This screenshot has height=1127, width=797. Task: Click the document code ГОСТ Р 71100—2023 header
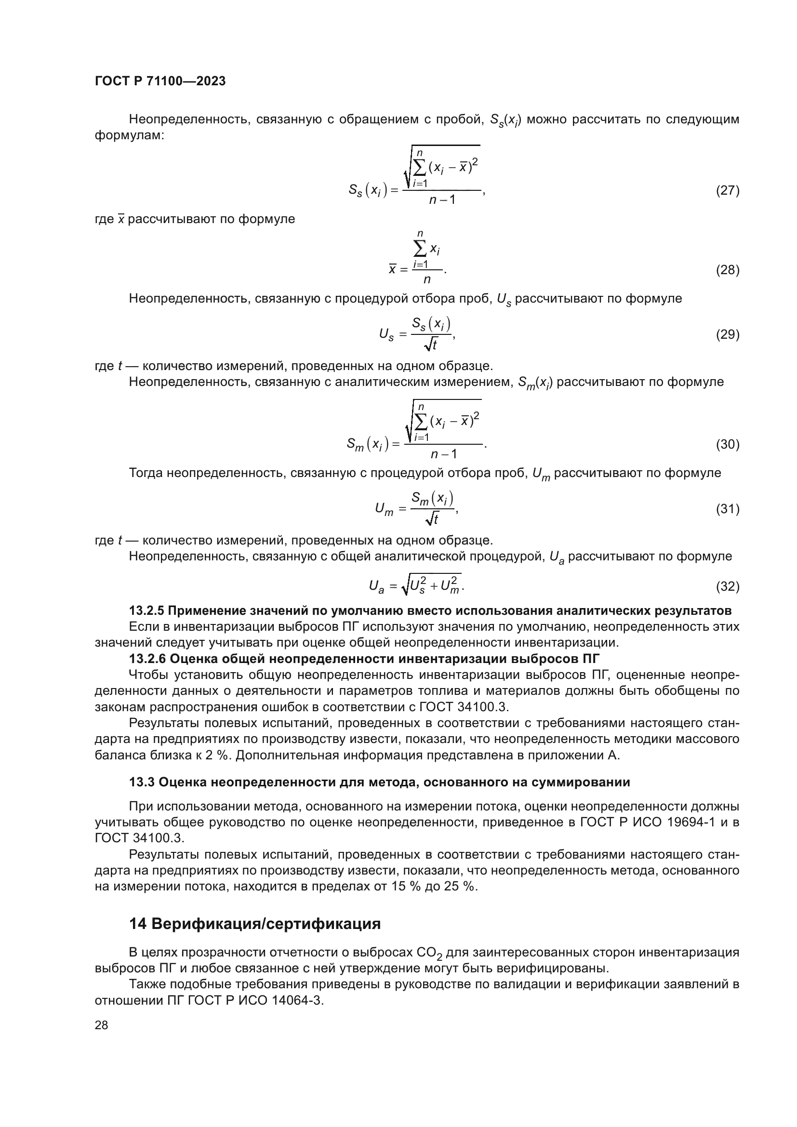160,81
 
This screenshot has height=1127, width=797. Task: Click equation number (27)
727,190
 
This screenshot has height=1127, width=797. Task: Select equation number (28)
727,270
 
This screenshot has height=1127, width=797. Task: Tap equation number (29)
727,334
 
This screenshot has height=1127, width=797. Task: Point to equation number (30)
727,444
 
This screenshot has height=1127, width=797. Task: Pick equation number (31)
727,508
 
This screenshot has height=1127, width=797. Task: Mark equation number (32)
727,586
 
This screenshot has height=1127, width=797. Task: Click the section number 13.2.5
147,610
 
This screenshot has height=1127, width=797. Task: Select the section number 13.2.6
147,659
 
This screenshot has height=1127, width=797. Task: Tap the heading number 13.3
142,782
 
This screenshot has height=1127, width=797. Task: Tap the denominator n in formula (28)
427,280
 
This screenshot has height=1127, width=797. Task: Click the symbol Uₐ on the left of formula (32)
376,586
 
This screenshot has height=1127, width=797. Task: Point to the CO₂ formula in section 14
429,953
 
